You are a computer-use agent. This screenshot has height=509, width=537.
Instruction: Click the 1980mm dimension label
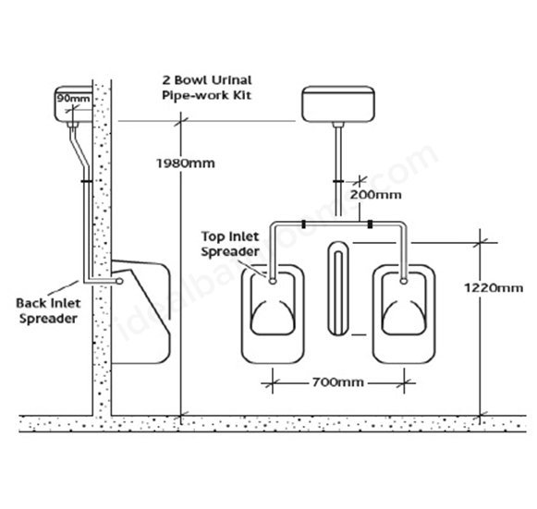tap(186, 164)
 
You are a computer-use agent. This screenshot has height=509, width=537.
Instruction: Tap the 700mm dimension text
tap(337, 382)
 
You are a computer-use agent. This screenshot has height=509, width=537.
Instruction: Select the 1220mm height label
tap(494, 288)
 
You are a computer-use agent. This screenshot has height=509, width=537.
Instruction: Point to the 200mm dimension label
tap(375, 195)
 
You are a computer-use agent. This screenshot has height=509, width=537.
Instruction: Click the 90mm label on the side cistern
tap(73, 99)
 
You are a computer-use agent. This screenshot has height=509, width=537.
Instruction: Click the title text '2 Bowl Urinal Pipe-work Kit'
tap(207, 88)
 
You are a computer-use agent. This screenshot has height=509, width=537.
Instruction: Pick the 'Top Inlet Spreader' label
tap(230, 244)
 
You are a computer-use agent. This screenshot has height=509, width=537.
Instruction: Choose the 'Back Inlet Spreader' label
tap(48, 310)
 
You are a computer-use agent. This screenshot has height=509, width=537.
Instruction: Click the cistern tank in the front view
tap(338, 104)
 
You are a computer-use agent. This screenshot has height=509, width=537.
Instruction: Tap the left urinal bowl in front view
tap(273, 314)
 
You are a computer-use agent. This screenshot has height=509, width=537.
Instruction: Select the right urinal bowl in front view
tap(404, 314)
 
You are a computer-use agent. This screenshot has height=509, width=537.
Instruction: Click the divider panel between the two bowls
tap(338, 288)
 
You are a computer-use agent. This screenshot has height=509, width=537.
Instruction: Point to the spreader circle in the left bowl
tap(273, 281)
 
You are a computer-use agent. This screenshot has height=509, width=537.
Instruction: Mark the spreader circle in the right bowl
tap(404, 281)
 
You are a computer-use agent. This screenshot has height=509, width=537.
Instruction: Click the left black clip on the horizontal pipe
tap(303, 224)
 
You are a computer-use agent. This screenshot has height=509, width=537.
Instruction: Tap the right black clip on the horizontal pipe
tap(370, 224)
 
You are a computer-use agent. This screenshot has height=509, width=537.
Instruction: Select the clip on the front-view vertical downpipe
tap(338, 181)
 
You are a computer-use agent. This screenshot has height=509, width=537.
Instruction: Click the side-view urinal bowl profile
tap(141, 311)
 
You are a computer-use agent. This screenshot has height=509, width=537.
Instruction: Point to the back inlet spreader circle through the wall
tap(119, 282)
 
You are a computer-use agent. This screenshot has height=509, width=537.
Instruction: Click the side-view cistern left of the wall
tap(74, 104)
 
